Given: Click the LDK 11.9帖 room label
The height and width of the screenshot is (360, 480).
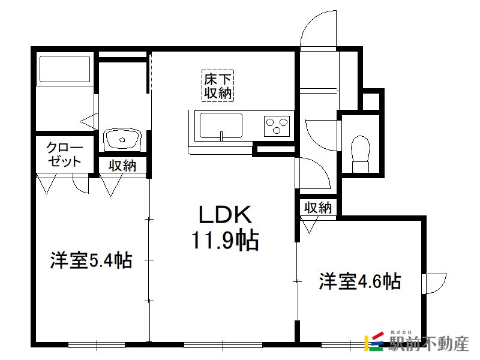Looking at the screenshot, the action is [x=226, y=227].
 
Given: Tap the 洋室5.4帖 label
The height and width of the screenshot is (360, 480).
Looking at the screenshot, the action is [x=91, y=260].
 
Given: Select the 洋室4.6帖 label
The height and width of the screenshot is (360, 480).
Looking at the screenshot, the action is [x=360, y=281].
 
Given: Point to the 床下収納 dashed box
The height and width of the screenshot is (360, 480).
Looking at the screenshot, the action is [x=218, y=85].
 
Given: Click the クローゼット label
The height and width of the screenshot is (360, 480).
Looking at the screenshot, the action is [x=64, y=155].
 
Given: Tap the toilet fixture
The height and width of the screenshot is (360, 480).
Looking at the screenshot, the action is [x=361, y=154].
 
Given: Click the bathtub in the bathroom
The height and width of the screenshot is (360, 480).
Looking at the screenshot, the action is [x=65, y=69].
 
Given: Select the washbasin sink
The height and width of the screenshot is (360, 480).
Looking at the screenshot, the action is [x=122, y=140].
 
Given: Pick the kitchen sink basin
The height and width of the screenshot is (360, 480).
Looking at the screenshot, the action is [x=221, y=125].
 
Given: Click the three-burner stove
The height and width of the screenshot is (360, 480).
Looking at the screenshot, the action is [x=277, y=126].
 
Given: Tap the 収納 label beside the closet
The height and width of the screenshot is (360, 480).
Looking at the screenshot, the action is [x=122, y=166].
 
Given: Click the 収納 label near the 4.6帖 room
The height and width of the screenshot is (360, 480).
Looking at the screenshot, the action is [x=318, y=208].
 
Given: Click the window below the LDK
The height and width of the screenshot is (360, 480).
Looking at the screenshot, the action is [x=223, y=345].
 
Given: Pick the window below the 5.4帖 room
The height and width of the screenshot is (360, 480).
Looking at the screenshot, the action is [x=97, y=345].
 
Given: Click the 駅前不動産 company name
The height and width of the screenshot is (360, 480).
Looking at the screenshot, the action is [x=429, y=344].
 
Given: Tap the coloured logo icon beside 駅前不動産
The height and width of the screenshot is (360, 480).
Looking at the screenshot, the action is [x=373, y=341].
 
